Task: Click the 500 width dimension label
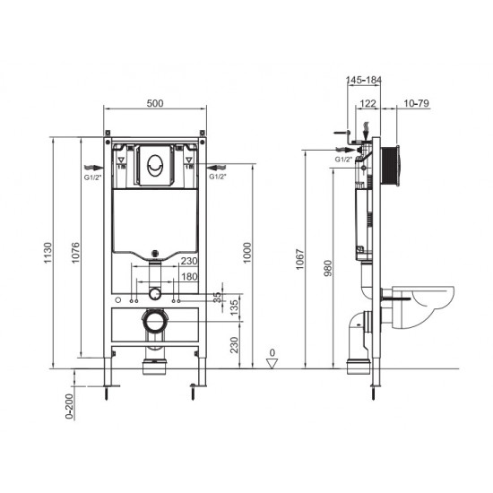pyautogui.click(x=154, y=104)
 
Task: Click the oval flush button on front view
pyautogui.click(x=154, y=165)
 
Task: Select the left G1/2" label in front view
pyautogui.click(x=91, y=177)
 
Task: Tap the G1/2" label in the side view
pyautogui.click(x=343, y=159)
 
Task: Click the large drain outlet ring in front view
pyautogui.click(x=155, y=319)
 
